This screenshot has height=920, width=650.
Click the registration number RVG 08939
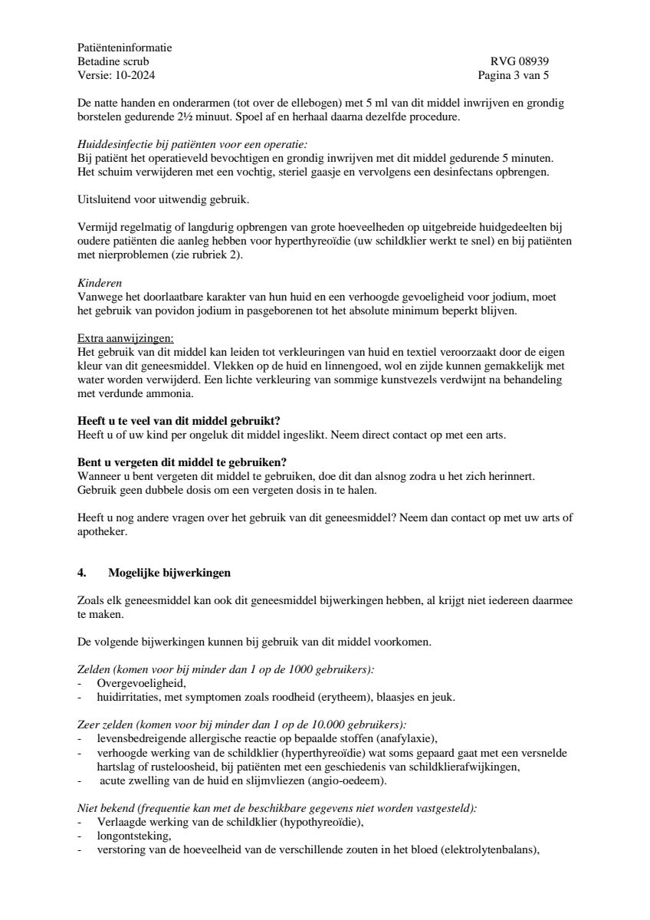519,61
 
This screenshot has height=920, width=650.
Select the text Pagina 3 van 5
513,75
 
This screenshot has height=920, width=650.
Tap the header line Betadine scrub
113,61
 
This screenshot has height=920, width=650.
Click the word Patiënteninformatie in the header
125,48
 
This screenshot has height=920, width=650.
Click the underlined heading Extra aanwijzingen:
126,337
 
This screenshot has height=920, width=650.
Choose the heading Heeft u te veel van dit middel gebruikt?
179,422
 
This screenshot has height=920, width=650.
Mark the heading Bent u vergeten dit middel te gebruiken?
182,462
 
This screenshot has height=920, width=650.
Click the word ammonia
172,394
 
